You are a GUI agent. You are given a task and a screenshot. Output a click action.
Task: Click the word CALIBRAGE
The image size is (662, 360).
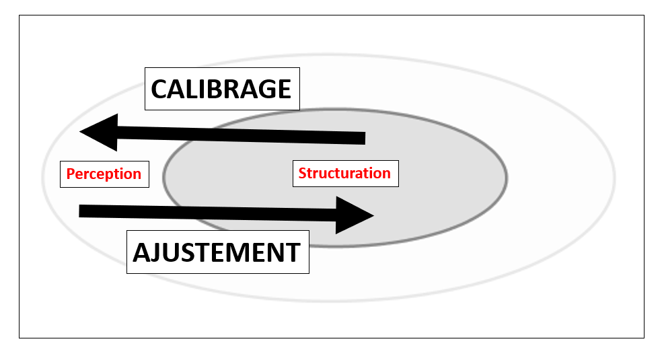[221, 89]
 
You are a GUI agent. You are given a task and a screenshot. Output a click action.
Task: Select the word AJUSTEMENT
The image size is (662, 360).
[217, 253]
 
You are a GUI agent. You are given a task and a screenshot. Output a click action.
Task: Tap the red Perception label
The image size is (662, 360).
[104, 174]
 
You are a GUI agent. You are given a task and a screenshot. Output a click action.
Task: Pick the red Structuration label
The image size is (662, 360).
[344, 173]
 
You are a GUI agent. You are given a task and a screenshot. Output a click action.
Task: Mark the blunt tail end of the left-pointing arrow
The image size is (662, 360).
[361, 139]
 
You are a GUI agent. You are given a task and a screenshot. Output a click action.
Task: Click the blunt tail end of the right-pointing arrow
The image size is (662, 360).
[83, 211]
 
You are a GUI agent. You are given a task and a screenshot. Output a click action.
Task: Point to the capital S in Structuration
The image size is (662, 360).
[303, 173]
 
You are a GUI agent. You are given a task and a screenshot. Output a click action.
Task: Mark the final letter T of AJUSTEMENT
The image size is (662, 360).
[293, 253]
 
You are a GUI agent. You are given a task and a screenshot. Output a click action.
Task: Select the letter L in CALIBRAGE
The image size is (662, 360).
[191, 89]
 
